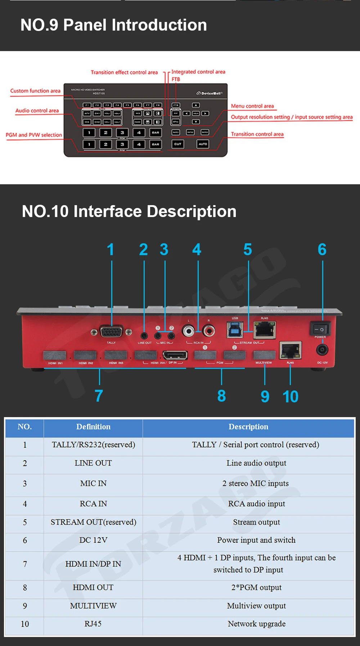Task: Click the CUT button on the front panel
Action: coord(178,144)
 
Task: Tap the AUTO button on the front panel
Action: coord(203,144)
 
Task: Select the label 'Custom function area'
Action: coord(35,91)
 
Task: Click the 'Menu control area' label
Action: coord(252,106)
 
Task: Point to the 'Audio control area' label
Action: coord(37,110)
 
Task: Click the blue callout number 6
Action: coord(322,249)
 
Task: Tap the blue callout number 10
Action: coord(291,397)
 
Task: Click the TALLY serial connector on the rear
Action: coord(111,331)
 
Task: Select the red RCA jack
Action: coord(208,330)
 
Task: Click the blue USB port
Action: coord(235,329)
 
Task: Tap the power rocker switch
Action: coord(320,329)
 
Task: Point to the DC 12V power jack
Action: coord(322,350)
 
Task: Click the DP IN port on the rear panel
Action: coord(175,356)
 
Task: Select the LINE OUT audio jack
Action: coord(144,336)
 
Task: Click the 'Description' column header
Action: coord(248,427)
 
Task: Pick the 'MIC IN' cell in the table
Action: coord(93,483)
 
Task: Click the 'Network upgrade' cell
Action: coord(256,624)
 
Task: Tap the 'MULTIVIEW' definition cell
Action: coord(93,606)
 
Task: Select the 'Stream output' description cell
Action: coord(256,522)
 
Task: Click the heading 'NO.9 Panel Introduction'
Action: coord(114,25)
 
